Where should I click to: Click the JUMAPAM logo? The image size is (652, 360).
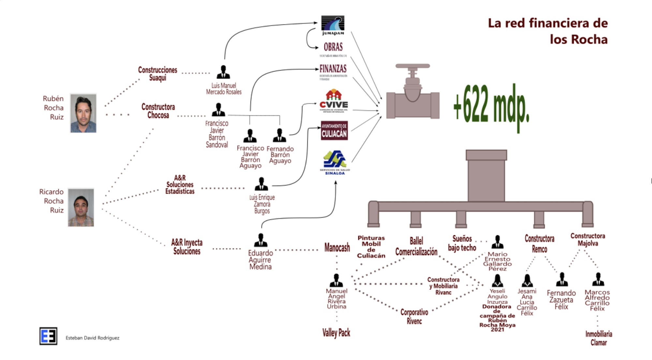click(x=333, y=25)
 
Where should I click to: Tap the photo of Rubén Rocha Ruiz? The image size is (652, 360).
click(x=83, y=113)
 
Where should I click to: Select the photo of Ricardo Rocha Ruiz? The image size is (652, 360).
click(x=81, y=208)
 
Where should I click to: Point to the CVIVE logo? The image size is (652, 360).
click(x=333, y=101)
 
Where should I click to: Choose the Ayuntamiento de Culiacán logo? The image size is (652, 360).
click(x=334, y=131)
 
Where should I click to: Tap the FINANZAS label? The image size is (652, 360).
click(x=333, y=69)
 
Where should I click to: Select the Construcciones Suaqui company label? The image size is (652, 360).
click(x=158, y=74)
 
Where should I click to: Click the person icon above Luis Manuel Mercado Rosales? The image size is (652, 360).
click(x=223, y=72)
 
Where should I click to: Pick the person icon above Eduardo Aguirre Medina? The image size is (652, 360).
click(x=260, y=240)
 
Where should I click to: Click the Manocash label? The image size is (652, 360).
click(x=337, y=248)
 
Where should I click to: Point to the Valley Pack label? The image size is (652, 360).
click(x=336, y=333)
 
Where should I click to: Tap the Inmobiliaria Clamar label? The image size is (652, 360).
click(x=599, y=338)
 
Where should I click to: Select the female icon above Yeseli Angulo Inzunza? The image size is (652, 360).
click(x=497, y=281)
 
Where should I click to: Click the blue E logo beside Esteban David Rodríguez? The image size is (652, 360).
click(x=48, y=336)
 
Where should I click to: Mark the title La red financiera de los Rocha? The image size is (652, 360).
click(x=548, y=31)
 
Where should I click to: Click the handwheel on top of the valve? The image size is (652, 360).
click(x=412, y=66)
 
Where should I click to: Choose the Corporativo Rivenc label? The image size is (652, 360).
click(x=414, y=317)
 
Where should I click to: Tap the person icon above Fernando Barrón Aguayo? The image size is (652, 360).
click(x=279, y=135)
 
